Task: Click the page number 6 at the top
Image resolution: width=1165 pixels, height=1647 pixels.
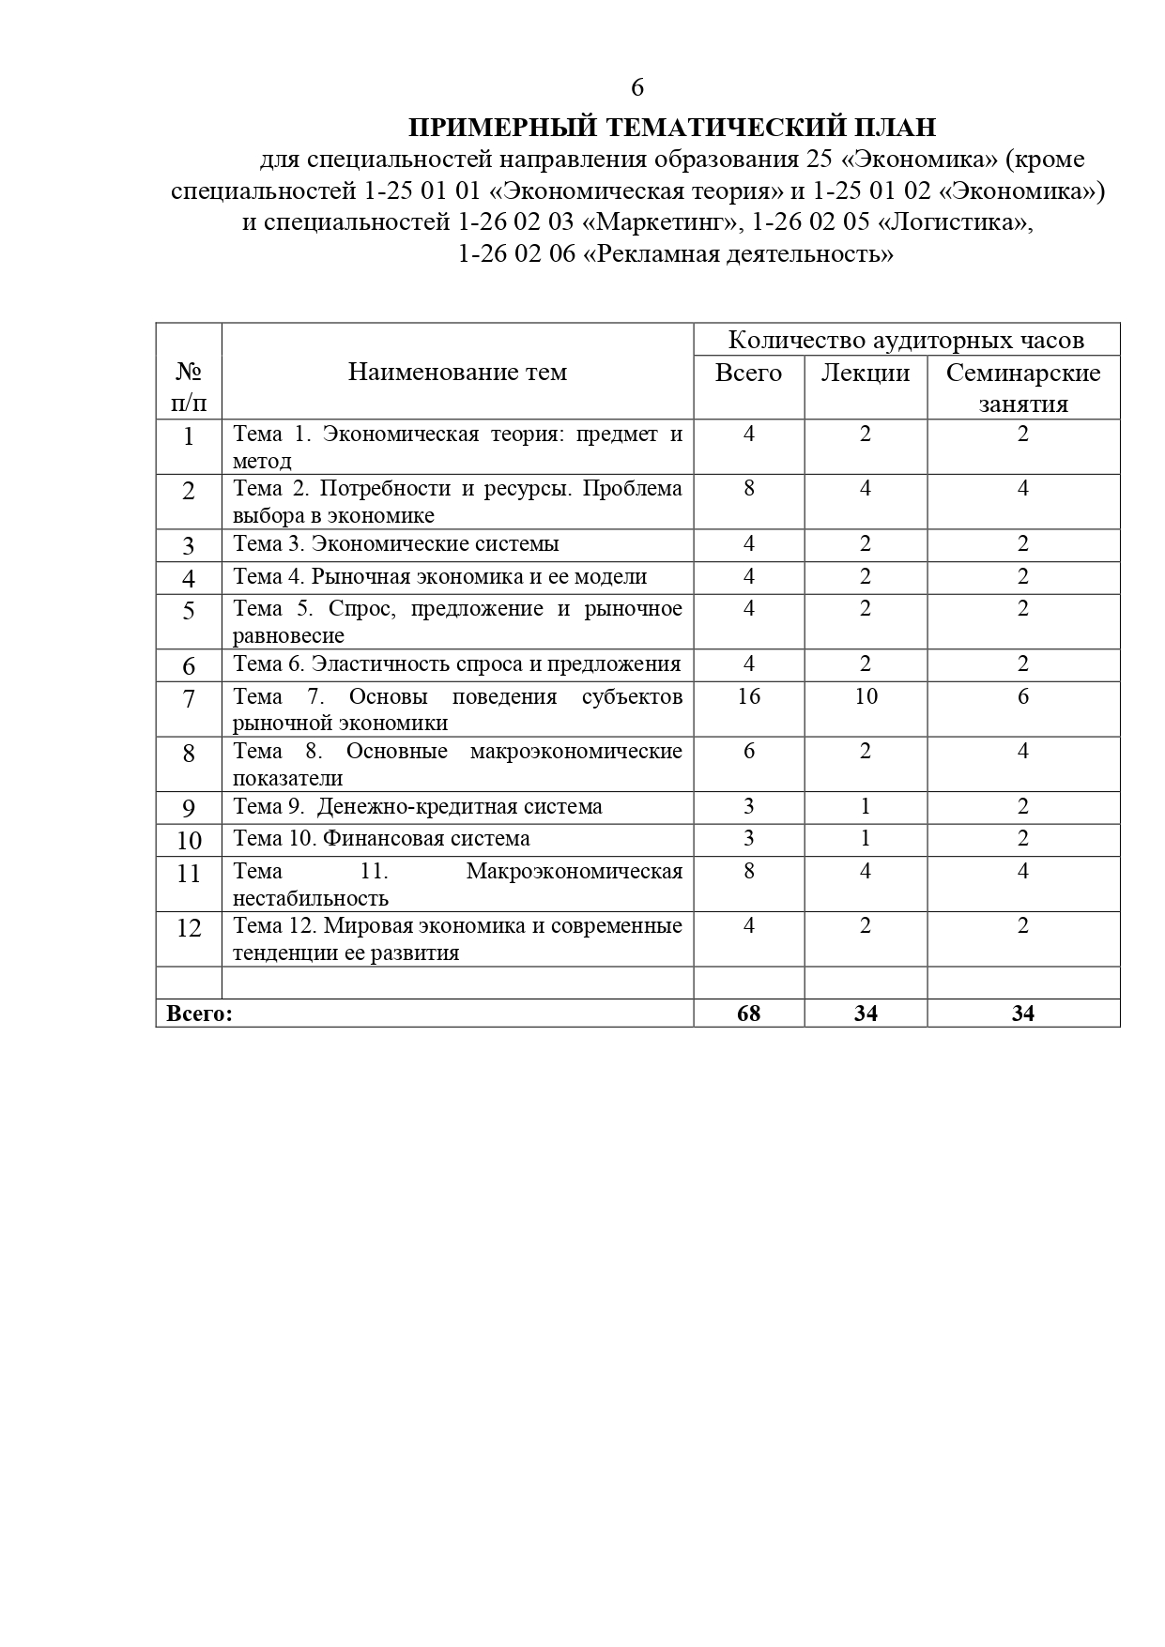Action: pyautogui.click(x=637, y=87)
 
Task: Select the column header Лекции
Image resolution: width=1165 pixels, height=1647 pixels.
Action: pyautogui.click(x=866, y=373)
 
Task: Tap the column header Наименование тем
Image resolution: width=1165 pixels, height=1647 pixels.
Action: pyautogui.click(x=457, y=372)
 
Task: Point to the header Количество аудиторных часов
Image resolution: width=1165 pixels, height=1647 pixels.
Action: pyautogui.click(x=906, y=340)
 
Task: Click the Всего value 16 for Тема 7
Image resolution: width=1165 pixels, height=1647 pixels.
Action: pyautogui.click(x=749, y=696)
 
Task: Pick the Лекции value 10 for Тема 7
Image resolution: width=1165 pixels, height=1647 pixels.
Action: pyautogui.click(x=866, y=696)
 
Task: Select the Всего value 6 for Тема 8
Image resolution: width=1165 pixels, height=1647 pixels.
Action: pyautogui.click(x=749, y=751)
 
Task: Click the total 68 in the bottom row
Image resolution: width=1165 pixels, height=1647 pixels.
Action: pyautogui.click(x=749, y=1014)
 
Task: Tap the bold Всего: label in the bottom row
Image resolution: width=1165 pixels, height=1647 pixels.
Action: pyautogui.click(x=199, y=1014)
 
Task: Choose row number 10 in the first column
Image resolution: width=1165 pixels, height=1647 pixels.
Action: pyautogui.click(x=189, y=840)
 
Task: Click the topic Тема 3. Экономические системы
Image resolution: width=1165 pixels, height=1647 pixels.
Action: pyautogui.click(x=396, y=544)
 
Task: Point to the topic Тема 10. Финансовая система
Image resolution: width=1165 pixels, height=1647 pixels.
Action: pyautogui.click(x=381, y=839)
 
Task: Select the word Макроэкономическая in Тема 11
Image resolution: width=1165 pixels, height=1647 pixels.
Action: pyautogui.click(x=574, y=871)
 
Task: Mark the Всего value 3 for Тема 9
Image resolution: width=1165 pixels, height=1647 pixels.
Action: pyautogui.click(x=749, y=807)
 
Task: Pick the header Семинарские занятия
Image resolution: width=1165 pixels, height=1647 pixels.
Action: pyautogui.click(x=1023, y=388)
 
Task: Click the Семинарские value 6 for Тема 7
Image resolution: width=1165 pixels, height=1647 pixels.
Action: pyautogui.click(x=1023, y=696)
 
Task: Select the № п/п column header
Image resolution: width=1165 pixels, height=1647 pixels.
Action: pyautogui.click(x=189, y=388)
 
